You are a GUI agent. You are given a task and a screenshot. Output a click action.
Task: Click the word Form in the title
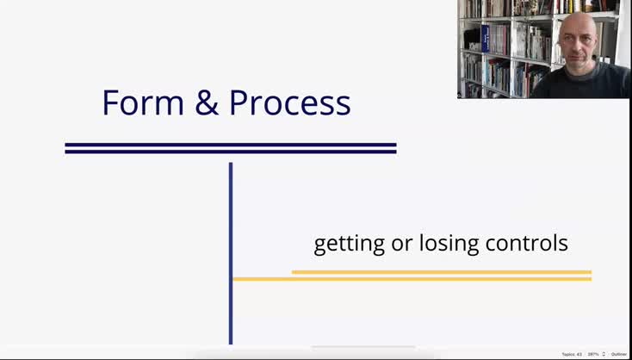[x=142, y=103]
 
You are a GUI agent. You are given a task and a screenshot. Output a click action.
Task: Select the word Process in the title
[x=289, y=103]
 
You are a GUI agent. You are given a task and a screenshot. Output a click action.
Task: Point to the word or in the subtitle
[x=402, y=244]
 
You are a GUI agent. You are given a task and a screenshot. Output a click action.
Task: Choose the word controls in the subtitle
[x=526, y=244]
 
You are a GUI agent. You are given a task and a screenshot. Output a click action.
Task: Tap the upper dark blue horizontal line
[x=231, y=145]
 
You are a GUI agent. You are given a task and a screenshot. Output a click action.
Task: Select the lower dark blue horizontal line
[x=231, y=152]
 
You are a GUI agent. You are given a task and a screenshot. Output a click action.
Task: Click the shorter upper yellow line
[x=441, y=272]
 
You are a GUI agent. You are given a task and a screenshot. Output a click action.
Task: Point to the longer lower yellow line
[x=412, y=279]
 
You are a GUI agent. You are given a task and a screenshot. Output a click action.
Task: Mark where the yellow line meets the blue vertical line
[x=232, y=279]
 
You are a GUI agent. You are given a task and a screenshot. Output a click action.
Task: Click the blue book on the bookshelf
[x=486, y=39]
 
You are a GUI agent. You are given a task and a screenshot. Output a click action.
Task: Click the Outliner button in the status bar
[x=619, y=354]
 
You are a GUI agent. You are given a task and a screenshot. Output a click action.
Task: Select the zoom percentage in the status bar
[x=593, y=354]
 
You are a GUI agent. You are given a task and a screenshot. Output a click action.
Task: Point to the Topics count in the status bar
[x=572, y=354]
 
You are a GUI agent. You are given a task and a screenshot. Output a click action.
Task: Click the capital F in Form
[x=110, y=103]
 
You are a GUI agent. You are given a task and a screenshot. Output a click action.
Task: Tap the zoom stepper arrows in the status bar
[x=604, y=354]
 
